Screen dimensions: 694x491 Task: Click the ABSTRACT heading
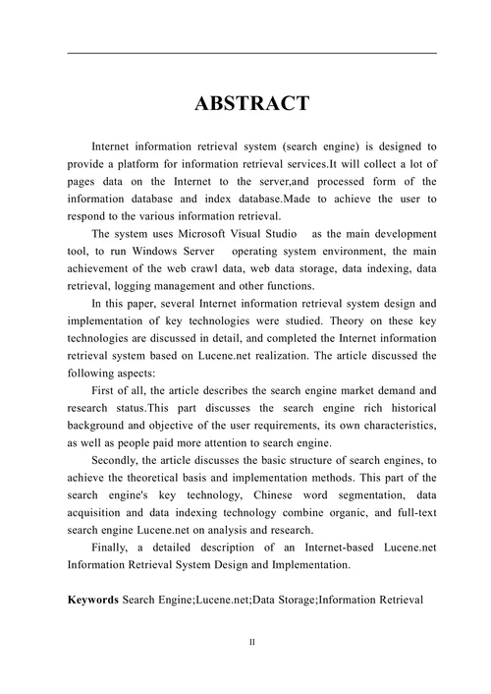coord(251,104)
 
